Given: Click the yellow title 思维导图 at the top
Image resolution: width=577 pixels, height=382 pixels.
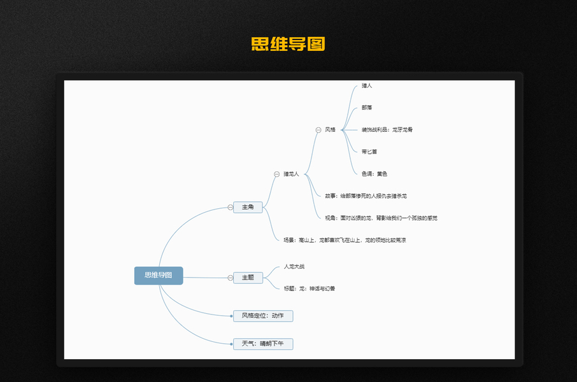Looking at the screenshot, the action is coord(288,44).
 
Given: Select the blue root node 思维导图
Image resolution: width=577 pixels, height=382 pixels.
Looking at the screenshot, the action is coord(159,275).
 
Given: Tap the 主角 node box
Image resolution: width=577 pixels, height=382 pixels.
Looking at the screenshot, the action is coord(248,207).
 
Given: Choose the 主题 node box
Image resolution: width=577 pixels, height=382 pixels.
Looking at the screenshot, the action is coord(248,278).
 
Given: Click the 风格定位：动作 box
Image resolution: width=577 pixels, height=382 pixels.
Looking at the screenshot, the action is coord(263,316).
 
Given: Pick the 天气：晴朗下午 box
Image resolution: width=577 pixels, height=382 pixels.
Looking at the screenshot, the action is coord(263,344).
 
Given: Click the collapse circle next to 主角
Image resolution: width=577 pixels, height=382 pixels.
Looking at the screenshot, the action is coord(230,207).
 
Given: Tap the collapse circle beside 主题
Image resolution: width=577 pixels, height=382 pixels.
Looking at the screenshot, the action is coord(230,278).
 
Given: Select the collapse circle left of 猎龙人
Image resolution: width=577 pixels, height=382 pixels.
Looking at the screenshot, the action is coord(276,174).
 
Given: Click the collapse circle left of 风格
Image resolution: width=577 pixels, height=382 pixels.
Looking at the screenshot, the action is coord(318,130).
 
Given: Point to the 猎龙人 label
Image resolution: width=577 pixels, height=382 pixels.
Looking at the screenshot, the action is coord(291,174).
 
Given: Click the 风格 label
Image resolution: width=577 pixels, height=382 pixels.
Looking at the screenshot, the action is coord(330,130).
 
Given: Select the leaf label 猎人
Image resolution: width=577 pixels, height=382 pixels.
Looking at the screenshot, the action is coord(367,85).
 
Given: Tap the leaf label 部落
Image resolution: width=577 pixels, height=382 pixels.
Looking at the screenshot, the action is coord(367,108).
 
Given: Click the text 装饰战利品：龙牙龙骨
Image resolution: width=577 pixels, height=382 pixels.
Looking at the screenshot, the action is coord(387,130).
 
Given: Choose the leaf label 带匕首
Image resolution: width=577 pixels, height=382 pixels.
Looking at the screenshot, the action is coord(369,152).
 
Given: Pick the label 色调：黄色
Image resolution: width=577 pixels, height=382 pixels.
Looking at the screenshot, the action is coord(374,174).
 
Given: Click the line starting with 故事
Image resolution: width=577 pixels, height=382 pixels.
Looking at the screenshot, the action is coord(366,196).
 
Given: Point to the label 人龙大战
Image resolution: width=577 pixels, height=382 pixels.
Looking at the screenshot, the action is coord(294,267).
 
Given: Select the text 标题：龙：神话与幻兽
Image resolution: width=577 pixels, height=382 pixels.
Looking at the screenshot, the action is coord(310,288).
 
